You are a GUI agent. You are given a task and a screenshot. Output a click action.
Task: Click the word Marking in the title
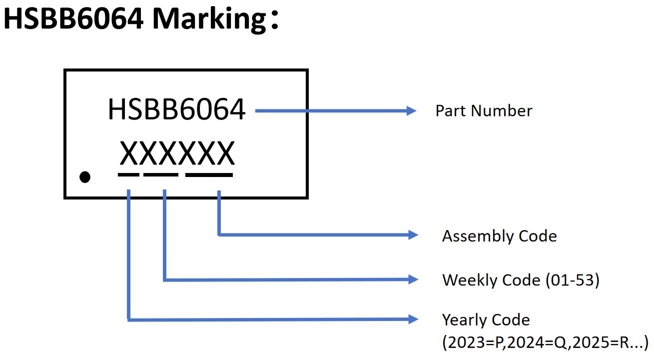[208, 19]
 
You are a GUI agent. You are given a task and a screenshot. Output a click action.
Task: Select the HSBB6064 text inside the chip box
[176, 110]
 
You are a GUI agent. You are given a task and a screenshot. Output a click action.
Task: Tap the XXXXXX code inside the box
[177, 154]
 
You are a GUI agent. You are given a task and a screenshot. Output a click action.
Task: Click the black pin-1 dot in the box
[85, 176]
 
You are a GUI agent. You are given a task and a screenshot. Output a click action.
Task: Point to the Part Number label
[484, 110]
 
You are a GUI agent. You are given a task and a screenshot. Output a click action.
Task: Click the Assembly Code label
[499, 235]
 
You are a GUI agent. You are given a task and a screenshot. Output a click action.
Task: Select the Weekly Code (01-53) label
[520, 280]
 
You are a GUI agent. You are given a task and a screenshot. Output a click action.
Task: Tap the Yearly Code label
[486, 319]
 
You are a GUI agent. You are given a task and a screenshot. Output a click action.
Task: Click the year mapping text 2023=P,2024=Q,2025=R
[545, 343]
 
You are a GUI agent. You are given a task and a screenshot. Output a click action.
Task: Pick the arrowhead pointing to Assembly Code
[413, 234]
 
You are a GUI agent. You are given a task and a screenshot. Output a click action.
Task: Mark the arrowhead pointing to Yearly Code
[413, 319]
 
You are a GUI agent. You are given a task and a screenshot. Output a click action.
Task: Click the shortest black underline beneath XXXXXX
[128, 174]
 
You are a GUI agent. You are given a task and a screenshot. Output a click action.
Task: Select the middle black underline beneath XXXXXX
[160, 174]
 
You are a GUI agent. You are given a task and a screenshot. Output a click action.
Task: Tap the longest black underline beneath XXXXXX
[209, 174]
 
